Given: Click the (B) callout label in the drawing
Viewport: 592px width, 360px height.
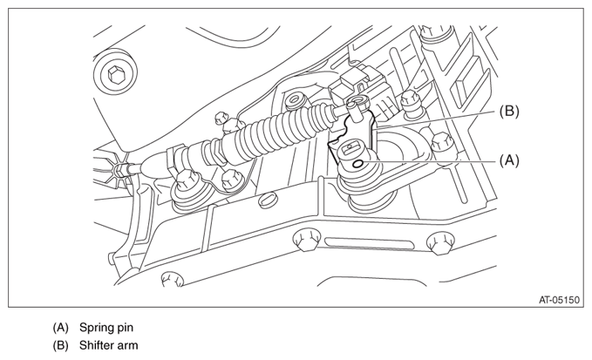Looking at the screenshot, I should [x=509, y=112].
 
